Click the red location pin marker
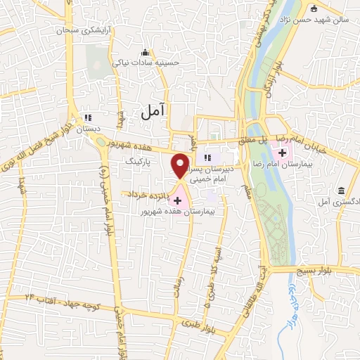(x=181, y=166)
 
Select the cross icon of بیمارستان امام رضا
(x=283, y=153)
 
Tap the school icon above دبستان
(x=88, y=118)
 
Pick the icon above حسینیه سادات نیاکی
(x=146, y=52)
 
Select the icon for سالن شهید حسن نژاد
(x=314, y=9)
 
